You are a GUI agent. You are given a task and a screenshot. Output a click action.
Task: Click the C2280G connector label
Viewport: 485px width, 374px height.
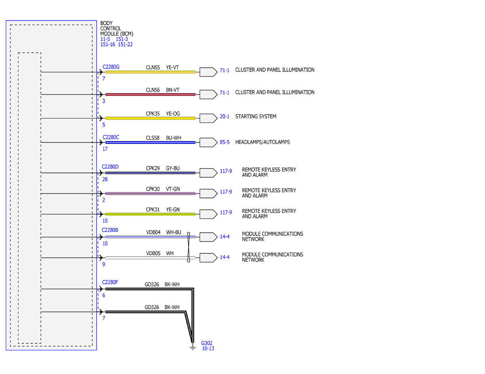[x=111, y=67]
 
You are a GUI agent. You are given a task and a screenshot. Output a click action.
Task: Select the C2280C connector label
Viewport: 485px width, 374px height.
[x=111, y=137]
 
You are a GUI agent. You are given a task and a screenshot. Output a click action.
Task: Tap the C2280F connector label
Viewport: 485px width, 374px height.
[x=110, y=282]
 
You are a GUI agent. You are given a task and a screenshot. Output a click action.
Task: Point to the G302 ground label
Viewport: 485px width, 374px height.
[x=207, y=343]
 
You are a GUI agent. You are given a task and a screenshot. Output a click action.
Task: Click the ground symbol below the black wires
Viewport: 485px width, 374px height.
[x=193, y=348]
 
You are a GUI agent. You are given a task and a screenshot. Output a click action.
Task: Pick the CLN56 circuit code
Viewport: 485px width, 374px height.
[x=153, y=90]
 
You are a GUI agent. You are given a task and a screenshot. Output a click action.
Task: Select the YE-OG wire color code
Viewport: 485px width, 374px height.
[x=173, y=114]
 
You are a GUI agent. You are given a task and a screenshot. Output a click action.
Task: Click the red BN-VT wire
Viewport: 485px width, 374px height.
[x=150, y=94]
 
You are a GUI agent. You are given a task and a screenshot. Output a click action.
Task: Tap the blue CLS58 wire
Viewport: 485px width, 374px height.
[x=150, y=142]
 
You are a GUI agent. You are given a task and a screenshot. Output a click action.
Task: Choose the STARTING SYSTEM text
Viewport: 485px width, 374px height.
[x=255, y=117]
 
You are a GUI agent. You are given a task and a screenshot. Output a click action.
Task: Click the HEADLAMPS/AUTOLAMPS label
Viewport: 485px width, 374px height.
[x=262, y=142]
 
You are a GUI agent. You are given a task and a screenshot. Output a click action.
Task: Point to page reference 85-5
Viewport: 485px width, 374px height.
[x=225, y=142]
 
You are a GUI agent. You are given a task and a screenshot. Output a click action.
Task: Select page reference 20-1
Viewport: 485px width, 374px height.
[x=225, y=117]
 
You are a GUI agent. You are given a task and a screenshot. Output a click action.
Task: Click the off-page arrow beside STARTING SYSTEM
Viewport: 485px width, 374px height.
[x=208, y=118]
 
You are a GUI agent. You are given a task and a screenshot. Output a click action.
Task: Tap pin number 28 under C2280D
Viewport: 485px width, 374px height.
[x=105, y=179]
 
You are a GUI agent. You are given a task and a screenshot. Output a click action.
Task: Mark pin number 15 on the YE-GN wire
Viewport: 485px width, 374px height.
[x=105, y=221]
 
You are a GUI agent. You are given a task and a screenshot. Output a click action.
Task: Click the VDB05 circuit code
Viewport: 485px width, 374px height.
[x=153, y=253]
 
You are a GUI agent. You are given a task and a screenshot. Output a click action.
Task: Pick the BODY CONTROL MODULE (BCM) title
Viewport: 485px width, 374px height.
[x=116, y=29]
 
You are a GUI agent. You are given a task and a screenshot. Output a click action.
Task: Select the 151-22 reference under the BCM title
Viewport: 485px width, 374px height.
[x=125, y=44]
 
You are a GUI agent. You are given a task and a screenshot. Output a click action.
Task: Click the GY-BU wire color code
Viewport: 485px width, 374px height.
[x=173, y=168]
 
